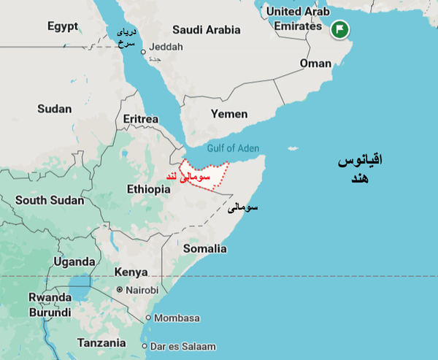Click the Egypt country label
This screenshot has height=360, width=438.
point(63,26)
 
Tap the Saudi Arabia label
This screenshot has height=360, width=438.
point(206,30)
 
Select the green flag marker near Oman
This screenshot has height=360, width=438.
point(339,30)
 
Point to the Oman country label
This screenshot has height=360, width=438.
point(315,64)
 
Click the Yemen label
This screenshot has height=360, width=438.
point(228,114)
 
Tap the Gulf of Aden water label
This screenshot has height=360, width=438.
point(232,148)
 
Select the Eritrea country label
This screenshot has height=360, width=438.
point(141,119)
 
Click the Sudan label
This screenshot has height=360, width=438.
point(54,109)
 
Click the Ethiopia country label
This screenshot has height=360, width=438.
point(148,189)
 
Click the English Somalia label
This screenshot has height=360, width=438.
point(204,248)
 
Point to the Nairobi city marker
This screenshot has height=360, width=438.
point(120,290)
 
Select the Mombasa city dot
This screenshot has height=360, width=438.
point(148,318)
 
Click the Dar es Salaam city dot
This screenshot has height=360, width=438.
point(145,346)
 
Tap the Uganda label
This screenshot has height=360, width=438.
point(74,261)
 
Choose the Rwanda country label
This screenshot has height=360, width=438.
point(50,297)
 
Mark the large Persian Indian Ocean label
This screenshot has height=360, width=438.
point(360,169)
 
